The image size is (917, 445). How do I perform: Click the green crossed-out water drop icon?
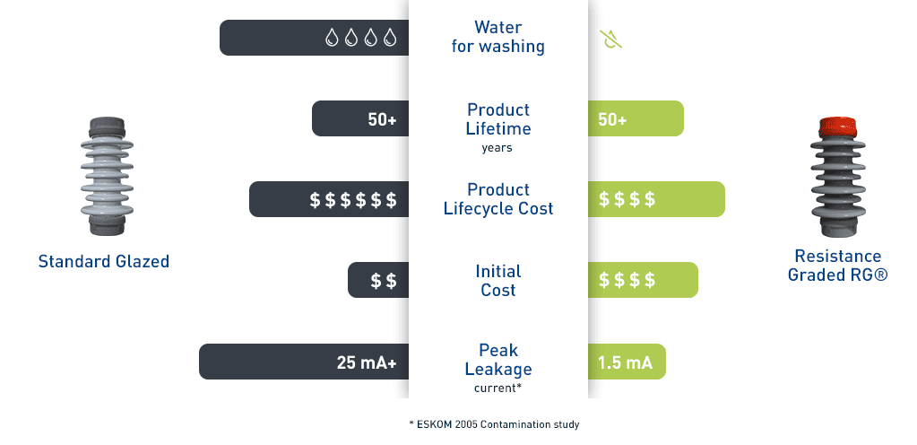click(610, 39)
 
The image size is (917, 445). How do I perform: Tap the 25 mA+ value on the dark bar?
click(367, 362)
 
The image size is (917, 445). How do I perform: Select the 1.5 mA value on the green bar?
click(625, 362)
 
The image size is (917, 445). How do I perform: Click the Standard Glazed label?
click(103, 261)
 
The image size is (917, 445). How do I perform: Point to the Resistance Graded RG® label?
click(837, 266)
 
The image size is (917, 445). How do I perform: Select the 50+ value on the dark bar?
click(382, 119)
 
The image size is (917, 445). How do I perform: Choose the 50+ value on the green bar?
click(612, 119)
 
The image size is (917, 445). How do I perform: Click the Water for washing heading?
click(497, 36)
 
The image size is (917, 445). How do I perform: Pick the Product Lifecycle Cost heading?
click(497, 199)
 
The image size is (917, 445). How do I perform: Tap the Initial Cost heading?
click(497, 281)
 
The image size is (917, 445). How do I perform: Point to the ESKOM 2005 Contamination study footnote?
click(494, 424)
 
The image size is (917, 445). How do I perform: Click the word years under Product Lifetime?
click(497, 147)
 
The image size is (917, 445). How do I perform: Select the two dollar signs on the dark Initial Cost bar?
click(384, 281)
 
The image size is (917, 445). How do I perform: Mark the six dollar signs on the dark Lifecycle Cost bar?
click(353, 200)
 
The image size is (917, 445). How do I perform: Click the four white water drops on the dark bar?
click(361, 38)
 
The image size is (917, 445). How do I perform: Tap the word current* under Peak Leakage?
click(497, 388)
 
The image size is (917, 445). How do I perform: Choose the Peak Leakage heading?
click(498, 360)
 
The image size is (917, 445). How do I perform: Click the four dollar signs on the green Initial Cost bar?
click(627, 281)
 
